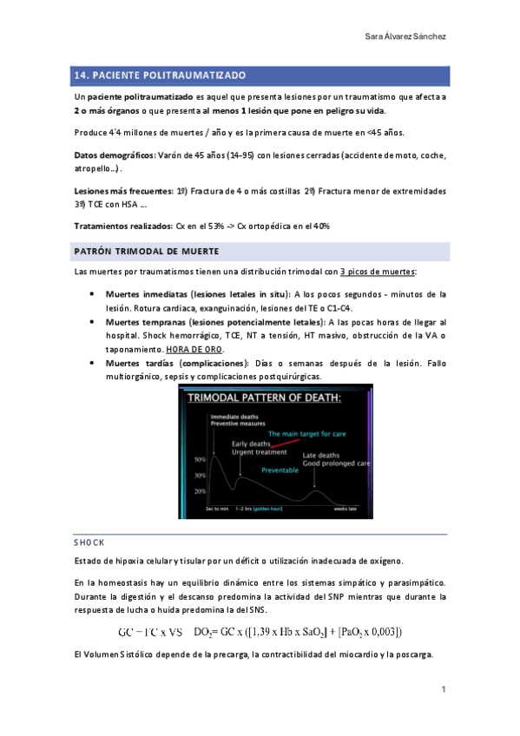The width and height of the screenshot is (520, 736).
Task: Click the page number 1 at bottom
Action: click(x=443, y=689)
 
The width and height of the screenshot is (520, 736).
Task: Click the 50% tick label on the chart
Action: click(x=200, y=457)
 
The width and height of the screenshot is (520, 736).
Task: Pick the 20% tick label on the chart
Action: click(x=200, y=491)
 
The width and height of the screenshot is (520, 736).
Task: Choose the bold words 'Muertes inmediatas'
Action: click(x=145, y=294)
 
